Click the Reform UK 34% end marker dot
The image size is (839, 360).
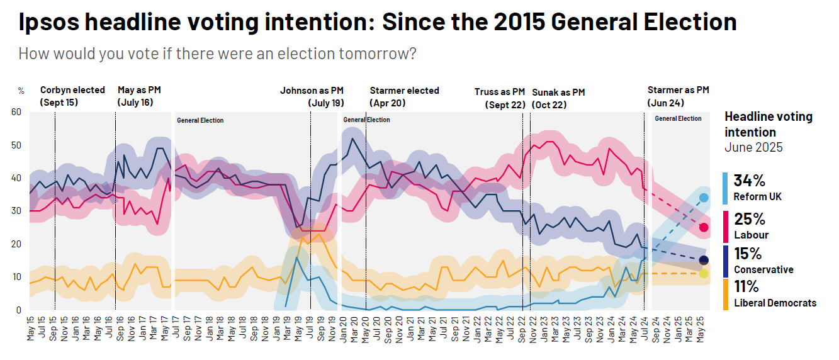click(704, 198)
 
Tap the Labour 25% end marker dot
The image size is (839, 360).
click(704, 227)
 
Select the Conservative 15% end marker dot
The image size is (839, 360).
click(704, 260)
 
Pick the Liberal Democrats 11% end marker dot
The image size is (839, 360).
click(704, 273)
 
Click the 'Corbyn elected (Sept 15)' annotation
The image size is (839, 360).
click(72, 96)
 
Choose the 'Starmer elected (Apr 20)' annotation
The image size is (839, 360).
click(404, 96)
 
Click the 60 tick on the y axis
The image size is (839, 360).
click(17, 112)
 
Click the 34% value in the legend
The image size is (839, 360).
click(750, 181)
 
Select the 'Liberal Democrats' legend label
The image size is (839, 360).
click(775, 303)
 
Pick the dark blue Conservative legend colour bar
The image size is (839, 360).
click(726, 260)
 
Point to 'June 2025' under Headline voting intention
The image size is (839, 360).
click(753, 147)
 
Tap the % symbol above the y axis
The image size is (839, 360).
click(21, 91)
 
